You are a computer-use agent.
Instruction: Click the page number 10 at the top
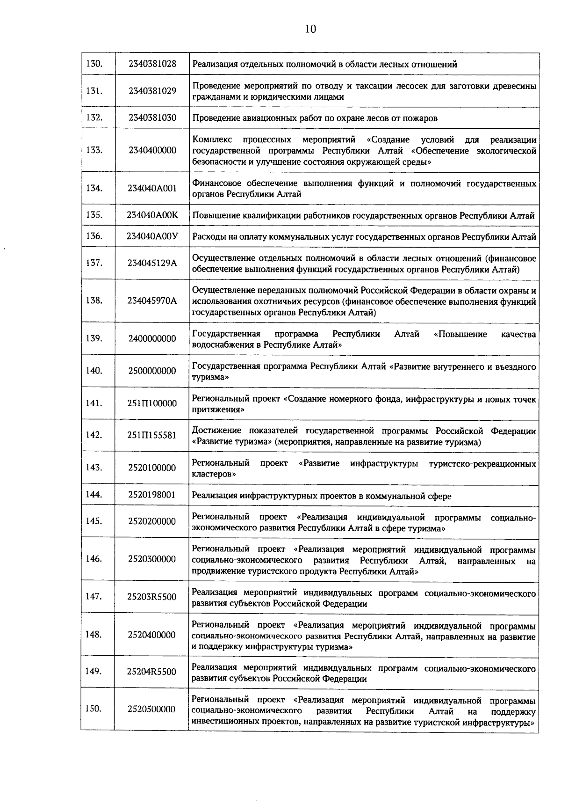[x=310, y=29]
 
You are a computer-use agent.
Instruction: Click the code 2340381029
[x=152, y=91]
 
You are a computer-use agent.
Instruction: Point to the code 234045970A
[x=152, y=300]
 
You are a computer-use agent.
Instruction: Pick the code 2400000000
[x=152, y=338]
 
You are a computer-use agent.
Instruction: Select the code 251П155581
[x=152, y=435]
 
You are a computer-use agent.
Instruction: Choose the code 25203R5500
[x=152, y=597]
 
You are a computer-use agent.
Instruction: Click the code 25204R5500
[x=152, y=672]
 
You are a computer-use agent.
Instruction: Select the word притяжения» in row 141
[x=218, y=410]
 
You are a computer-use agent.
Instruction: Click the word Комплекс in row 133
[x=209, y=139]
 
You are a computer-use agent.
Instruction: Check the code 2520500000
[x=152, y=709]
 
